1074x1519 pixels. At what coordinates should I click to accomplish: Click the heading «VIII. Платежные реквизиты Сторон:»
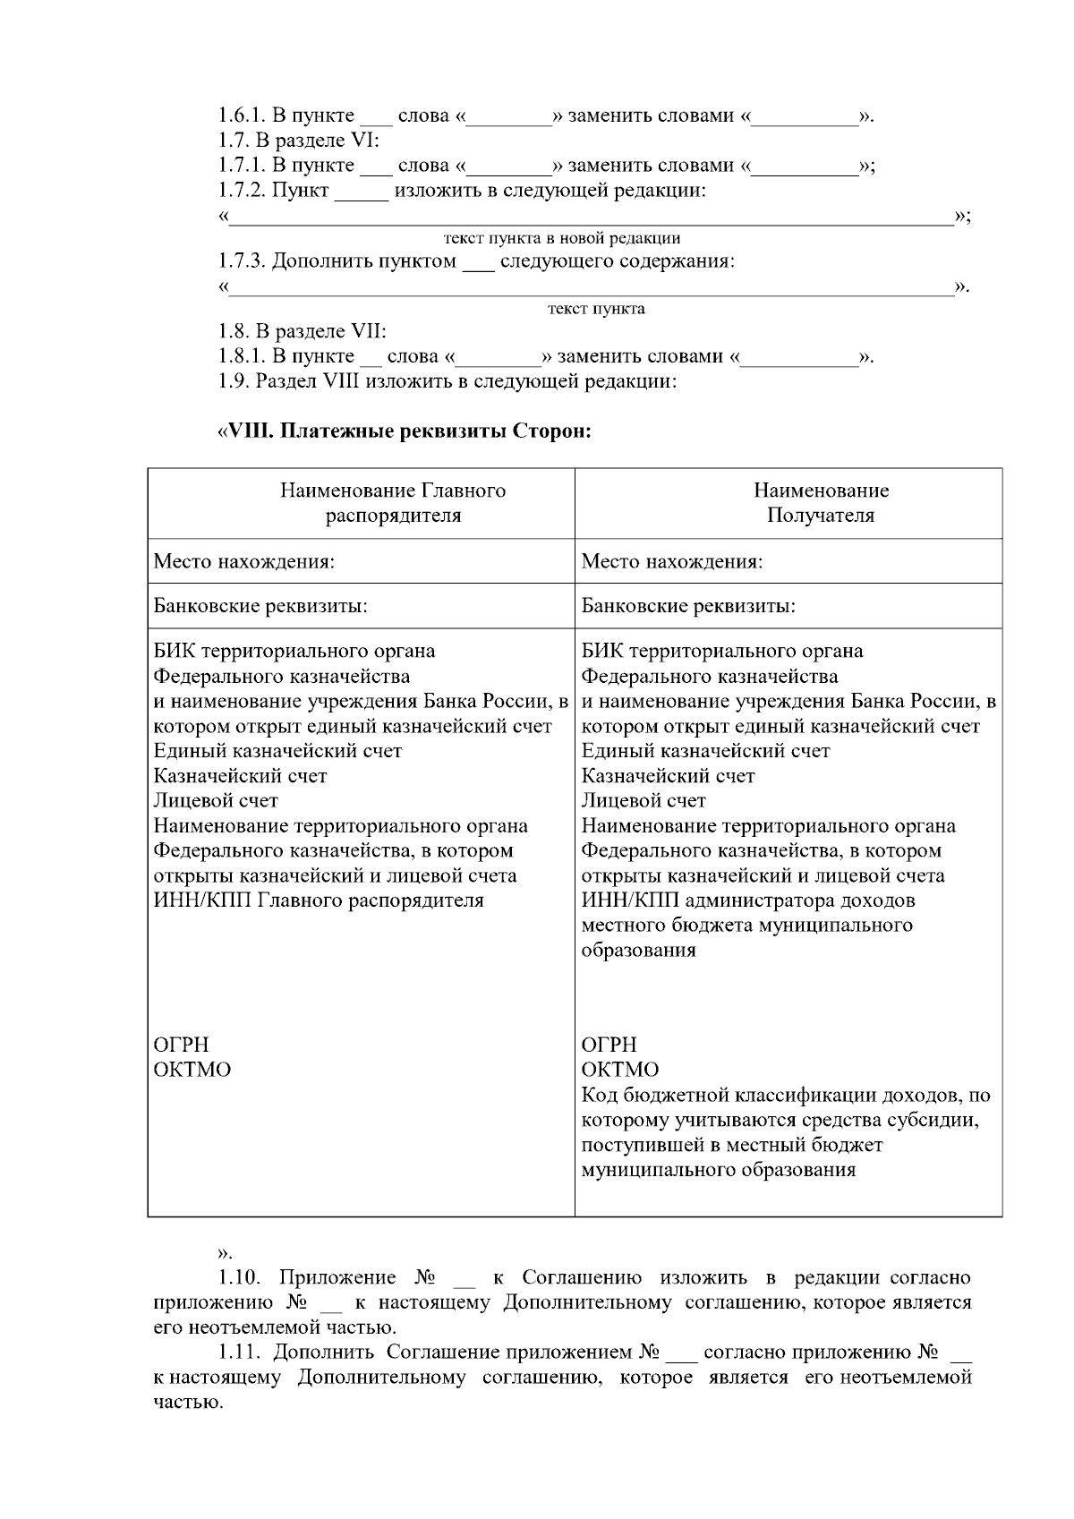[404, 431]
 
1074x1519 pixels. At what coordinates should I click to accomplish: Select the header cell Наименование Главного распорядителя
[393, 503]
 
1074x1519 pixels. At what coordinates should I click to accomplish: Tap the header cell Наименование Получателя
[821, 503]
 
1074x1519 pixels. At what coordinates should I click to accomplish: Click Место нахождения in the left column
[244, 562]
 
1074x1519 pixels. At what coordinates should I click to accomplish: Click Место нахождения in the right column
[672, 562]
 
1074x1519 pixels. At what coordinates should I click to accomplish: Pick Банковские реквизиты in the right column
[688, 606]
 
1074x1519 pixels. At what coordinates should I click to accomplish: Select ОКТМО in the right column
[619, 1070]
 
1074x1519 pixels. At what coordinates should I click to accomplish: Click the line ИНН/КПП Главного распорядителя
[319, 900]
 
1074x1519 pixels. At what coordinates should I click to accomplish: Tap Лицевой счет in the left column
[216, 800]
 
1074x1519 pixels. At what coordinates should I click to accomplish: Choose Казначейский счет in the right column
[668, 776]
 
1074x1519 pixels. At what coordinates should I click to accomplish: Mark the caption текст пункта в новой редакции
[562, 238]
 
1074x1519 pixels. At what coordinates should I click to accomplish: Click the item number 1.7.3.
[242, 261]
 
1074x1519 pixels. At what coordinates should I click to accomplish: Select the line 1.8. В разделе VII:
[303, 331]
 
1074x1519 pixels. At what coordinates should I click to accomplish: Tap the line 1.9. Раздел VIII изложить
[447, 381]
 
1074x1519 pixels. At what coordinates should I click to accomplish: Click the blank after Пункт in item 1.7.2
[362, 192]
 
